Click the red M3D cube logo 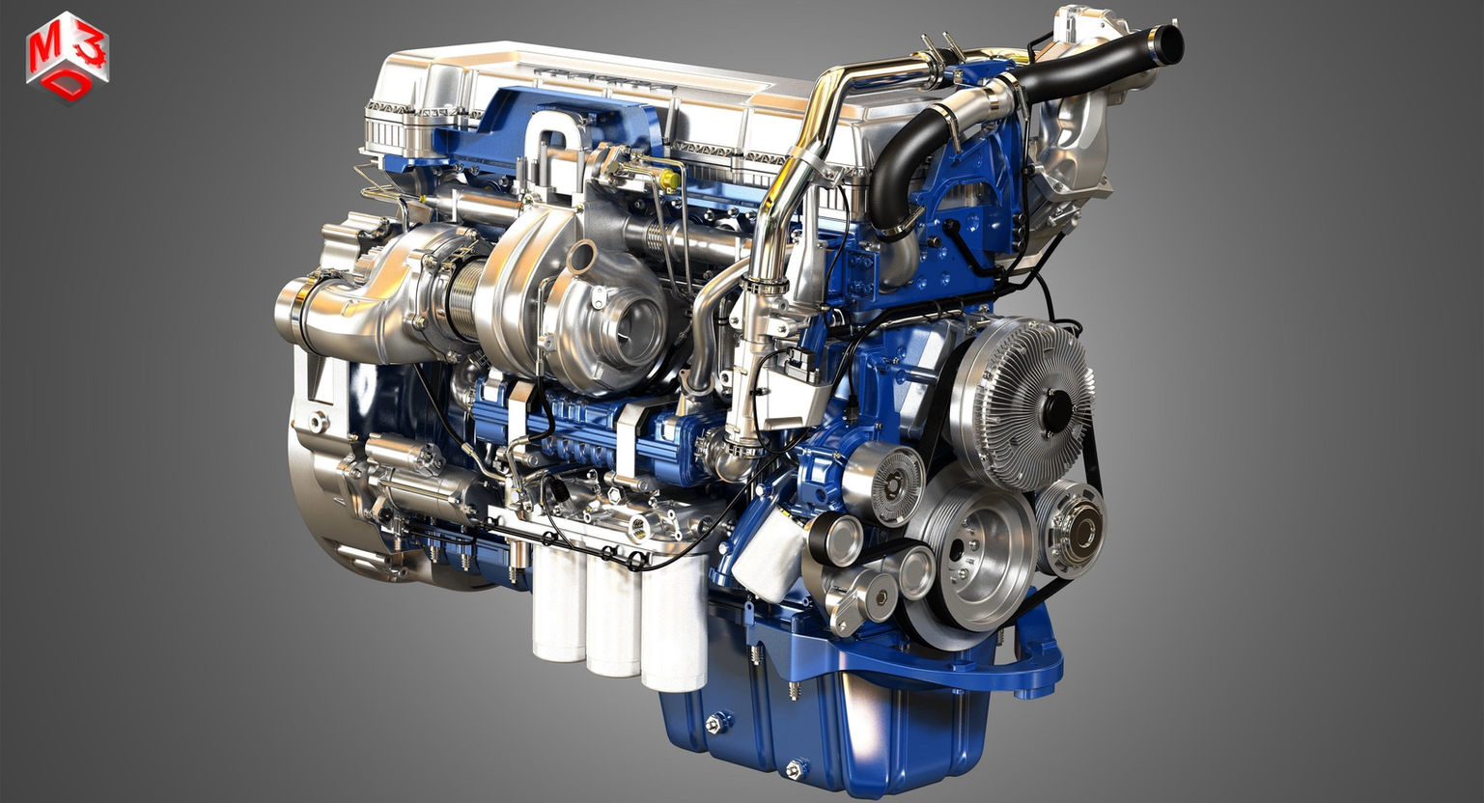point(67,57)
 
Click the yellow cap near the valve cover point(670,179)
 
